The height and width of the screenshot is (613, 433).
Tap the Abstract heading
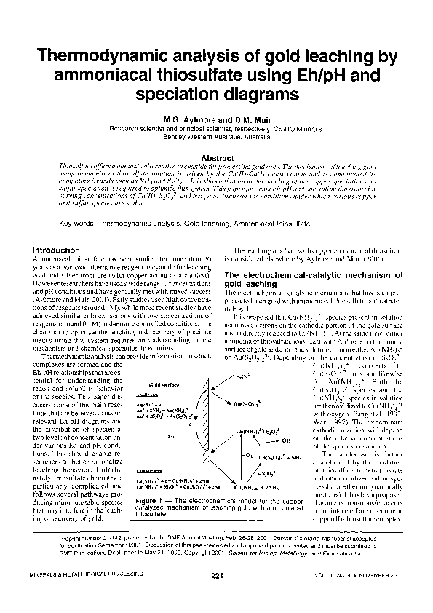tap(216, 157)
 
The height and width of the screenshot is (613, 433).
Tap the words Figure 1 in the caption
tap(152, 502)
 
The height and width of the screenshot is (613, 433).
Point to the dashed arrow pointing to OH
tap(270, 440)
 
